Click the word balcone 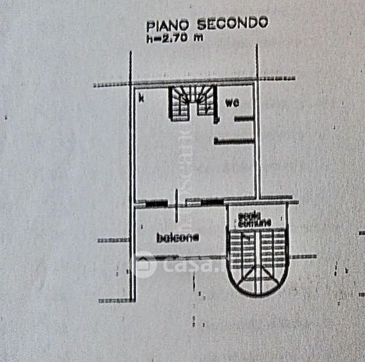pyautogui.click(x=178, y=238)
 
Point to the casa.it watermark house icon pyautogui.click(x=143, y=264)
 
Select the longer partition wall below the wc pyautogui.click(x=234, y=141)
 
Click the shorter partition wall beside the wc pyautogui.click(x=243, y=119)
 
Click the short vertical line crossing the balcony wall pyautogui.click(x=176, y=206)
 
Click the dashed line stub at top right pyautogui.click(x=277, y=78)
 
